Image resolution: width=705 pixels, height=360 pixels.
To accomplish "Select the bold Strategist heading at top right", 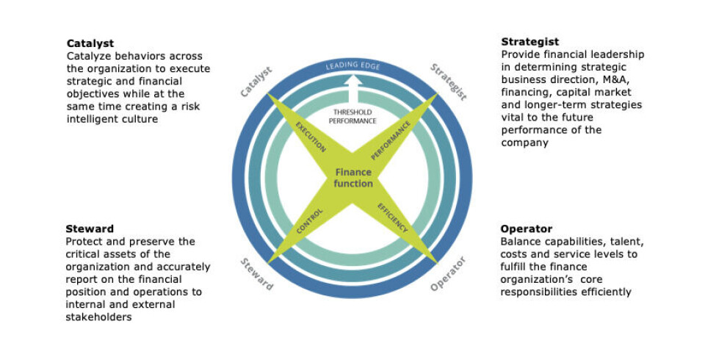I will (x=529, y=42).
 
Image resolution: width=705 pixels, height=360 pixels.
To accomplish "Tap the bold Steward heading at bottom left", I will (x=89, y=228).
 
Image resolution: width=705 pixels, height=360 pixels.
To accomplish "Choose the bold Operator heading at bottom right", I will (x=526, y=228).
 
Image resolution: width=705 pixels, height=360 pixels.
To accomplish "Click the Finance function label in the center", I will (x=354, y=178).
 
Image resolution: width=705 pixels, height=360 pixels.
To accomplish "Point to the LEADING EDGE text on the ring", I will (x=353, y=66).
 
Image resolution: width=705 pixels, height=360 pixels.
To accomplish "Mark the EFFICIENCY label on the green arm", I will (x=394, y=218).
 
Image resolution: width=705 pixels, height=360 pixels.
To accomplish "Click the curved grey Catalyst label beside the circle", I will (x=256, y=82).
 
